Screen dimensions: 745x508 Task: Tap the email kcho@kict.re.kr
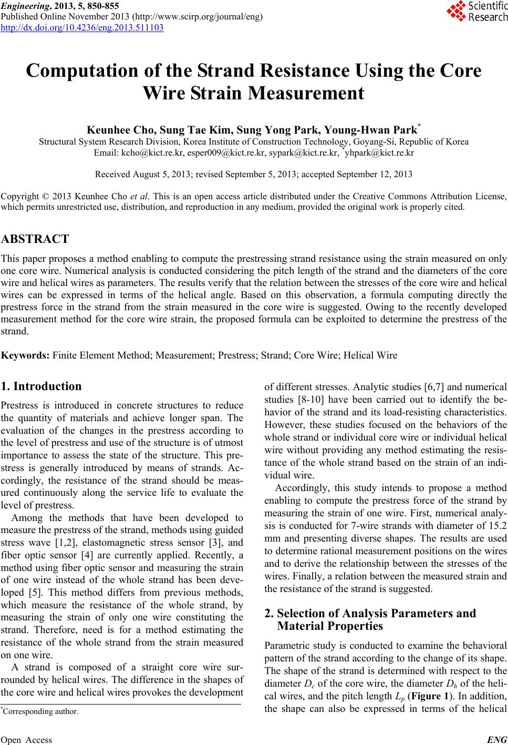(x=134, y=153)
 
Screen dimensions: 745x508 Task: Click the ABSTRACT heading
(x=35, y=239)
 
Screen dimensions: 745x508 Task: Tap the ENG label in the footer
(x=496, y=740)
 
